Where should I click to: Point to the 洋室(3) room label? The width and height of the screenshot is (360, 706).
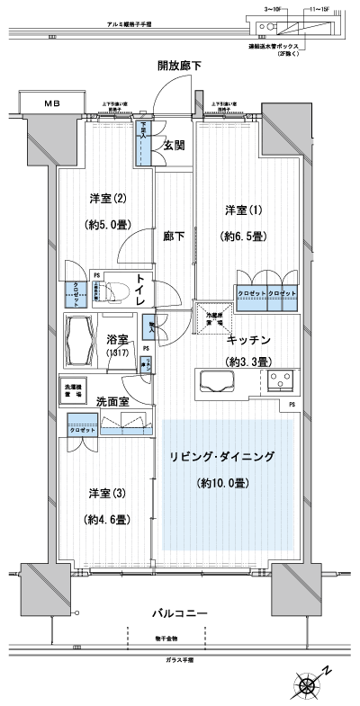coord(102,494)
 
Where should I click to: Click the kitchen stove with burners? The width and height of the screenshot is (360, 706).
coord(280,382)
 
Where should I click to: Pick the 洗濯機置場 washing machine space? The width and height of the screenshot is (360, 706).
coord(75,390)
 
